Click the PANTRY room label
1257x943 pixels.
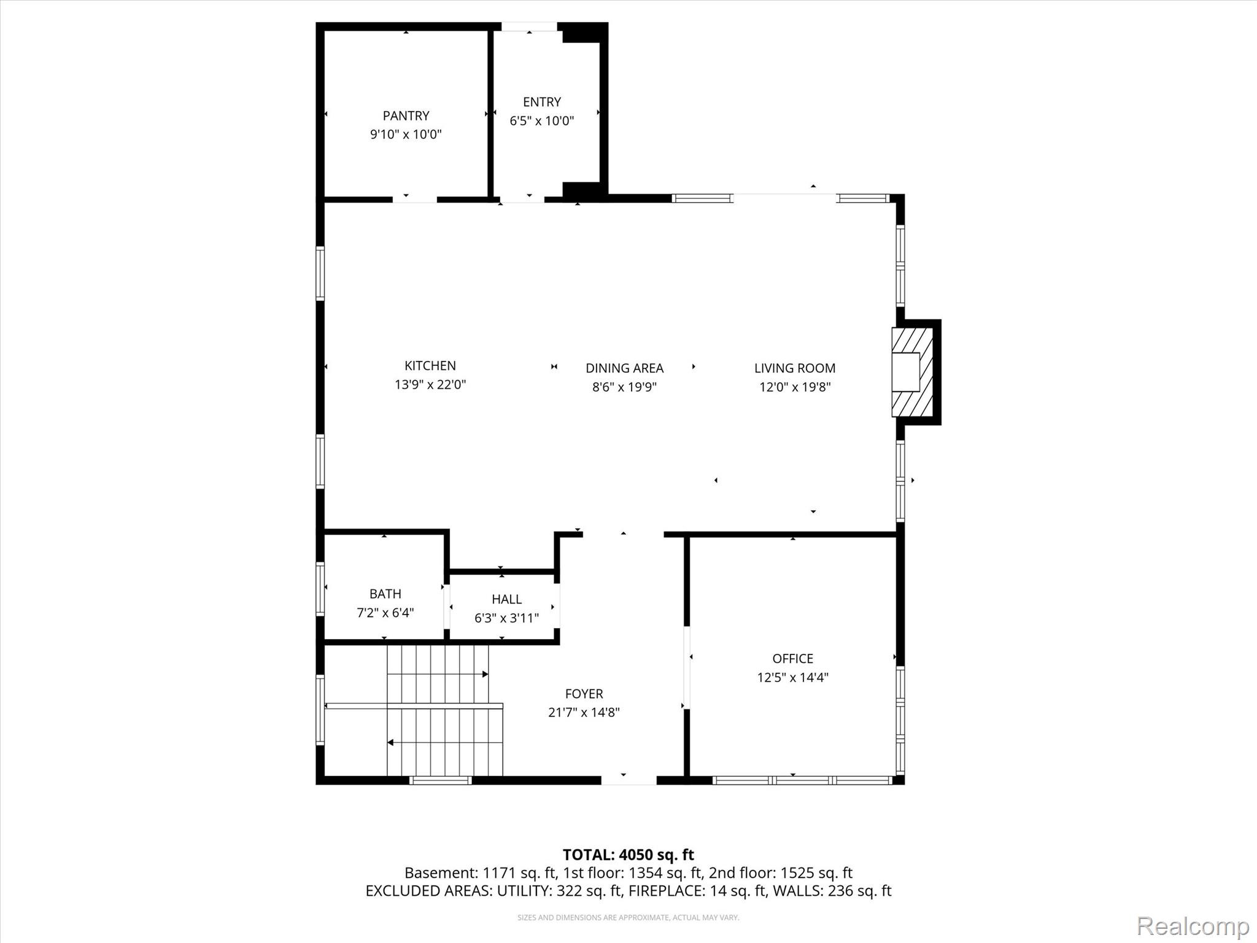[406, 115]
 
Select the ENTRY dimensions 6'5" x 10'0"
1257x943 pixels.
[542, 120]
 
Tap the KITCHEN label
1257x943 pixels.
[430, 365]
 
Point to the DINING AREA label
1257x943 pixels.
[624, 368]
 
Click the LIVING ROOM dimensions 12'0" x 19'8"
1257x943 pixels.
[795, 387]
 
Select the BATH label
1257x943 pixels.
[385, 594]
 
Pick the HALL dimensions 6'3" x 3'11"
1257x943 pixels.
[506, 618]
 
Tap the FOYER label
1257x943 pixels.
[584, 694]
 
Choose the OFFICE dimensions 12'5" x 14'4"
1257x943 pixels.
[792, 677]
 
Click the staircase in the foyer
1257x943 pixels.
[444, 710]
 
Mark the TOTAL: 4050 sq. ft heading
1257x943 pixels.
[628, 855]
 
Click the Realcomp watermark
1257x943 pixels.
[1193, 926]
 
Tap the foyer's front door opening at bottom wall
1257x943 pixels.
[628, 780]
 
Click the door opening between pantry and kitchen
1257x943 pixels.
[414, 199]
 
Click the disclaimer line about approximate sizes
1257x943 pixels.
[628, 918]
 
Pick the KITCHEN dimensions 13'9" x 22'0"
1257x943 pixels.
[430, 385]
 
